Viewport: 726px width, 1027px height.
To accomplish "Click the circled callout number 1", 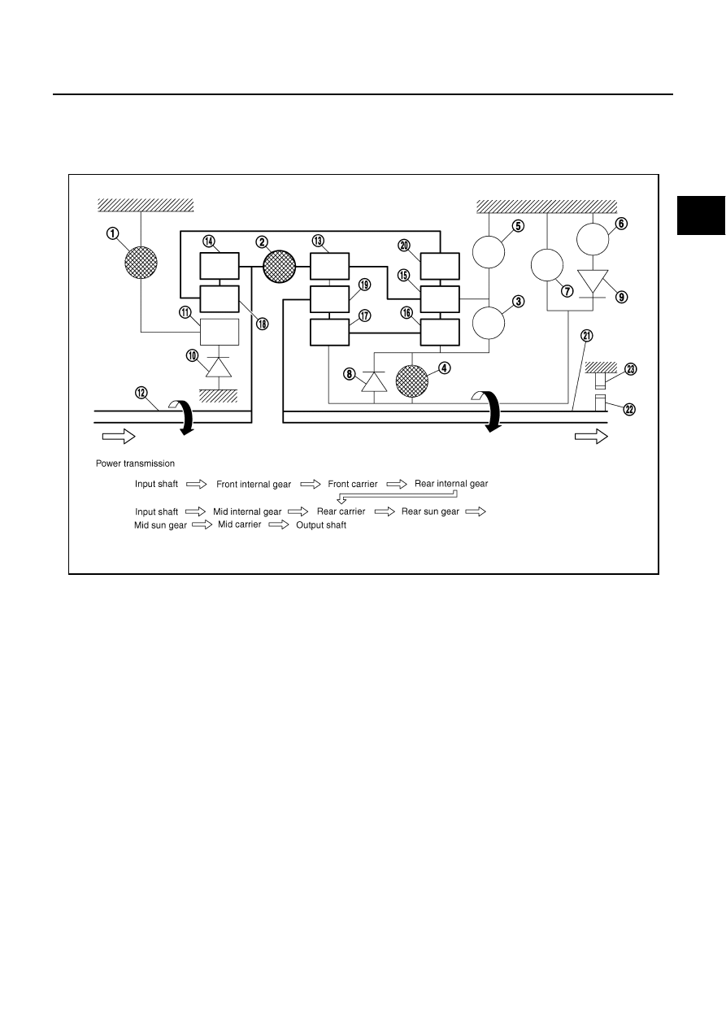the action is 113,233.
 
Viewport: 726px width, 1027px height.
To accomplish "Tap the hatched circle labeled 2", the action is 279,267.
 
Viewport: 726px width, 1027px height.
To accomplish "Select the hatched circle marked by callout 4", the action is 412,381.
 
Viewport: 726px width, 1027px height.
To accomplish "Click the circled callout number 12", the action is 141,393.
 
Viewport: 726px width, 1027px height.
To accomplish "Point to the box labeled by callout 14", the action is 220,266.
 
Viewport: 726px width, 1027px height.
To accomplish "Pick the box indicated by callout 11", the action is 220,332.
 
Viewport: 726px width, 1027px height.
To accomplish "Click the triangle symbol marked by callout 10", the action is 219,367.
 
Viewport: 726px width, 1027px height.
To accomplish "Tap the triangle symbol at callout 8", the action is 374,381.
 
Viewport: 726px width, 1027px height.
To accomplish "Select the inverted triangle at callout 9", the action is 593,281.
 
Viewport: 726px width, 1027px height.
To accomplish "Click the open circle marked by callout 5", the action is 489,252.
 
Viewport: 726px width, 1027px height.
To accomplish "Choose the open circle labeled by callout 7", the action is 547,265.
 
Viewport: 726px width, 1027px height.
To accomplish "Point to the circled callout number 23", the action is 631,369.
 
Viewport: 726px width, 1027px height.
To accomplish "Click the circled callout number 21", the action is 587,336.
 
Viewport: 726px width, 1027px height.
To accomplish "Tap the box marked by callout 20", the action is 440,266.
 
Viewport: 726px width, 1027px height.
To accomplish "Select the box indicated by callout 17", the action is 329,332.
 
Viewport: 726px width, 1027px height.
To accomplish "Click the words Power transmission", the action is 135,463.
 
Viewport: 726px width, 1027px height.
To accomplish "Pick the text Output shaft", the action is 321,525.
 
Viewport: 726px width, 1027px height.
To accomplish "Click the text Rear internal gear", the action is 451,484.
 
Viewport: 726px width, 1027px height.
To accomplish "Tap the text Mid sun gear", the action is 160,525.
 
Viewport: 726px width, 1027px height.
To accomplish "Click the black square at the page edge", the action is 701,215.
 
